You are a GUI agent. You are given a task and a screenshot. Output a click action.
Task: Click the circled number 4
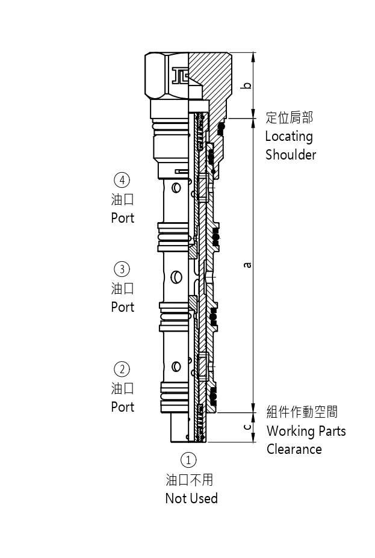click(x=122, y=179)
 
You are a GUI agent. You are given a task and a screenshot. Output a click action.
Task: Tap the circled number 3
click(x=122, y=268)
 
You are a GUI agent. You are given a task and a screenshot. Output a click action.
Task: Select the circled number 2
click(x=122, y=369)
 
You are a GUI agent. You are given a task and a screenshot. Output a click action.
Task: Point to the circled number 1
click(x=189, y=460)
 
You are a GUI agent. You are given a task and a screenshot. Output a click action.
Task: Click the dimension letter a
click(x=247, y=264)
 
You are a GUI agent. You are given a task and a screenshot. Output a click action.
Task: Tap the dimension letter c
click(x=247, y=427)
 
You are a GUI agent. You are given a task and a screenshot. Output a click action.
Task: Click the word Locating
click(x=289, y=137)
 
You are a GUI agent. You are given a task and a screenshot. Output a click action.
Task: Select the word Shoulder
click(x=291, y=155)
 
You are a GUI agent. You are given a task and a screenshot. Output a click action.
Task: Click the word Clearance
click(x=294, y=449)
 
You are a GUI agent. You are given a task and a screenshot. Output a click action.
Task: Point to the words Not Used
click(x=191, y=498)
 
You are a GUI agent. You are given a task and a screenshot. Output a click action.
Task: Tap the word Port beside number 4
click(x=123, y=218)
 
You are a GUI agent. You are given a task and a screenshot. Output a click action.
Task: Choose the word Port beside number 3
click(x=123, y=307)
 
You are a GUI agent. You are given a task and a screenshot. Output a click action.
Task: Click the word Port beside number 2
click(x=123, y=407)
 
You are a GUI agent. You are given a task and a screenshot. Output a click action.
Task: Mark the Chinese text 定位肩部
click(x=290, y=117)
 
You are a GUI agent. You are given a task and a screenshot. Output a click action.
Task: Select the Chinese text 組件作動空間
click(x=302, y=412)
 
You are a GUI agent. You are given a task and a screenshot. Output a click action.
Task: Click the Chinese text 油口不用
click(x=190, y=480)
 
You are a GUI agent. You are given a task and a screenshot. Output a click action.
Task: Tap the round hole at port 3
click(x=176, y=277)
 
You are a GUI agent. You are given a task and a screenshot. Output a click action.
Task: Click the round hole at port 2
click(x=176, y=366)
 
